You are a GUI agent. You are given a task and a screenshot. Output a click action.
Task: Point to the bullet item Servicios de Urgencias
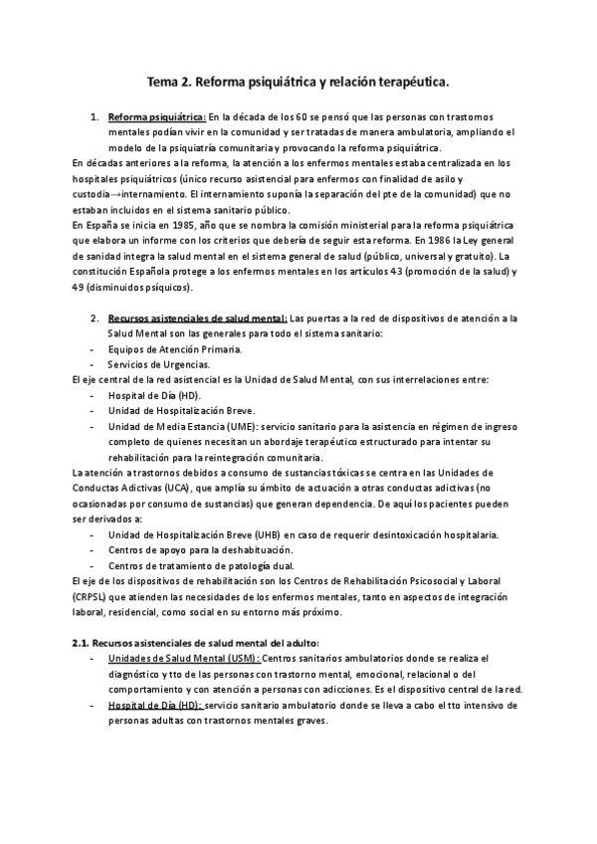[x=159, y=364]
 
